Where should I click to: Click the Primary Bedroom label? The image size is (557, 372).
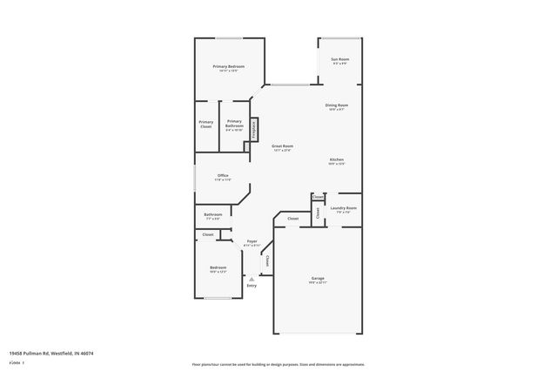pos(229,66)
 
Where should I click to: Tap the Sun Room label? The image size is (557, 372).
pos(339,59)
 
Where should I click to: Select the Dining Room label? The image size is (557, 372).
pos(337,105)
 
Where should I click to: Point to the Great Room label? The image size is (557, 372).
pos(282,145)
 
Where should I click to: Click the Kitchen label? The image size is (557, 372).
pos(337,159)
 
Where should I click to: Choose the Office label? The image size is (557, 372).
pos(223,175)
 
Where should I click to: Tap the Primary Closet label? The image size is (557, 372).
pos(205,125)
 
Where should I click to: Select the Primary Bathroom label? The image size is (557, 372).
pos(234,124)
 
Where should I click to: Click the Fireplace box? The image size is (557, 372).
pos(254,129)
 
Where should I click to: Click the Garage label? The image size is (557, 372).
pos(318,278)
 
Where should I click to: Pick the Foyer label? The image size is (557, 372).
pos(252,240)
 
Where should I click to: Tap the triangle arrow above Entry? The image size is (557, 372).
pos(252,279)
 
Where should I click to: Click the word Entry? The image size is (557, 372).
pos(252,286)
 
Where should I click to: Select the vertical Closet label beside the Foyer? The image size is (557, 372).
pos(267,260)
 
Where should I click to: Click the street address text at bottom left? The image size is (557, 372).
pos(51,353)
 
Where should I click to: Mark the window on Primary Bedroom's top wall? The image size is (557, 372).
pos(229,37)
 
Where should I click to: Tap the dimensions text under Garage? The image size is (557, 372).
pos(318,283)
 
